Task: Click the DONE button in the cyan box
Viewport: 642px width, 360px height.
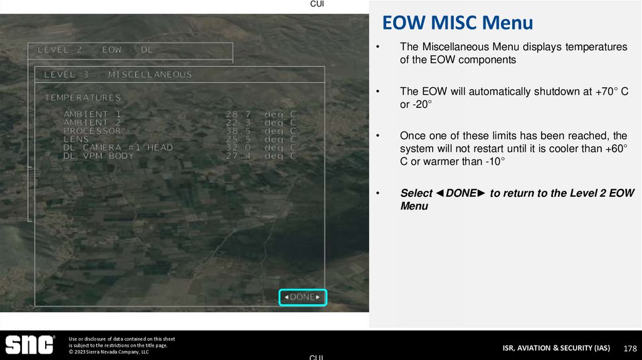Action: point(303,297)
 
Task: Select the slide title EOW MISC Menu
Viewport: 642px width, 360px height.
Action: point(458,23)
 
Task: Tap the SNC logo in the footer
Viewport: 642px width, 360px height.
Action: point(29,344)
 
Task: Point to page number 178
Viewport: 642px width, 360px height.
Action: point(630,348)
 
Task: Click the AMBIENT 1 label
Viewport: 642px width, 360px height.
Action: point(93,114)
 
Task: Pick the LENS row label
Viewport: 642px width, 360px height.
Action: point(76,139)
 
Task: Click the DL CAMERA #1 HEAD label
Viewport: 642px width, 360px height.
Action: point(118,147)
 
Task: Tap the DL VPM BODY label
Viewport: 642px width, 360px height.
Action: point(98,156)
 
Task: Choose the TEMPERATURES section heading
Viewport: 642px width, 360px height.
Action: point(82,98)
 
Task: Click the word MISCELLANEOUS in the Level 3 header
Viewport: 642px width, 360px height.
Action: point(150,75)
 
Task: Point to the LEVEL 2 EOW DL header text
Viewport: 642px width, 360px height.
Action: point(95,49)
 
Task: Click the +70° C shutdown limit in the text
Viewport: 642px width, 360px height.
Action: point(610,92)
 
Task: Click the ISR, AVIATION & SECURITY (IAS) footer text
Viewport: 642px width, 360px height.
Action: point(555,348)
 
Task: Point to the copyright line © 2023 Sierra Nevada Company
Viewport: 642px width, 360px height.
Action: point(108,352)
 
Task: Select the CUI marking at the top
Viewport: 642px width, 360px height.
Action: point(317,4)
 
